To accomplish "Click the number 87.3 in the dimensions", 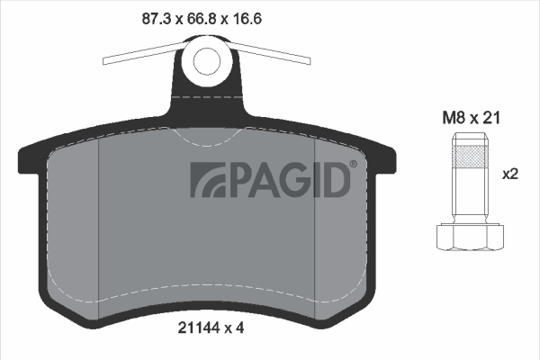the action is [x=156, y=18].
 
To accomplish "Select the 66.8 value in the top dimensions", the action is [x=201, y=18].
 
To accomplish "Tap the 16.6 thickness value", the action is [x=247, y=18].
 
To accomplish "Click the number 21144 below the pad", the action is [x=199, y=328].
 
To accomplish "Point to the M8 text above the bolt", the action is [x=454, y=118].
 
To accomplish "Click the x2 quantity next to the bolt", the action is [x=510, y=175].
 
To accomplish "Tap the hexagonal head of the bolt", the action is [x=470, y=237].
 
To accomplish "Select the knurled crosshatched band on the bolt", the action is [x=470, y=157].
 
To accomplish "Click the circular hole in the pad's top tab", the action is [x=207, y=61].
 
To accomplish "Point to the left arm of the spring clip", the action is [x=144, y=54].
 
